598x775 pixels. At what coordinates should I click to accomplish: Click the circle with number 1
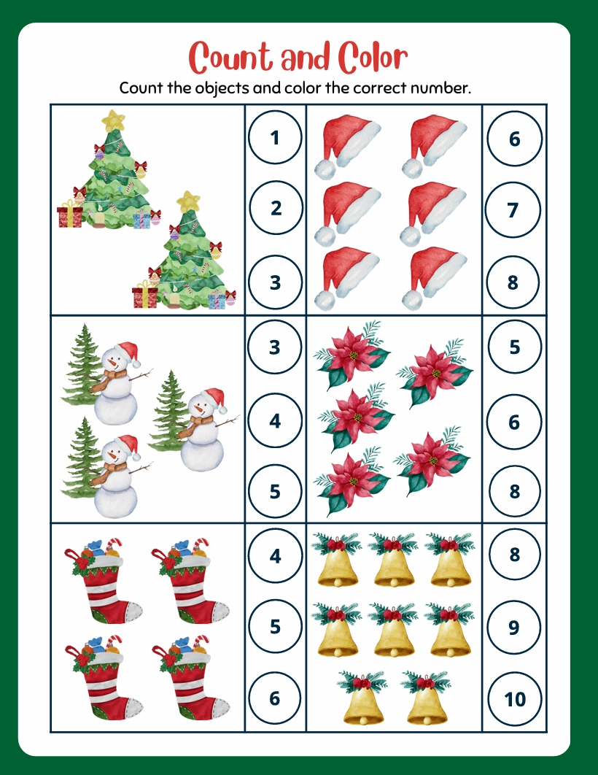[275, 137]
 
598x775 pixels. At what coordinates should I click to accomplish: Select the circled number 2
[276, 207]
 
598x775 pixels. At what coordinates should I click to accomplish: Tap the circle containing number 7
[513, 209]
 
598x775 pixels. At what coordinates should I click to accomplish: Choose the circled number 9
[513, 627]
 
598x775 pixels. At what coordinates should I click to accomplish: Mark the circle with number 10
[515, 699]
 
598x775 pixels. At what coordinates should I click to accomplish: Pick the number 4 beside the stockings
[275, 556]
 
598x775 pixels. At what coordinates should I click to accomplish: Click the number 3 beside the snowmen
[275, 347]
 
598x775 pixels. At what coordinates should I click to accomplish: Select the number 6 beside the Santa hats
[515, 139]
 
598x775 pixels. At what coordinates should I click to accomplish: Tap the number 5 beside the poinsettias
[515, 347]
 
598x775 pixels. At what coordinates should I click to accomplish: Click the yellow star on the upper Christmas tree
[113, 120]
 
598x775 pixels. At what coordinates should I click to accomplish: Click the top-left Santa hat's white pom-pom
[325, 169]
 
